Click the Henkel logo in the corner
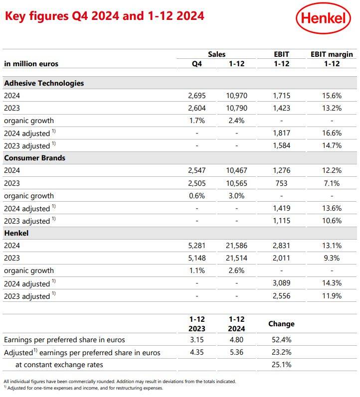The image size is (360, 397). point(323,18)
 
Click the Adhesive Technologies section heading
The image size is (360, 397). point(44,83)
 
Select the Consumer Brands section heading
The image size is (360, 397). point(35,158)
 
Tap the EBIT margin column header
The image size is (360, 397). point(332,54)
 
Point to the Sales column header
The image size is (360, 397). point(216,54)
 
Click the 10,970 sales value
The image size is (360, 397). point(236,96)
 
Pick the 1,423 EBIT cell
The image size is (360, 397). point(281,108)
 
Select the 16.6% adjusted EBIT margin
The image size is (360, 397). point(332,133)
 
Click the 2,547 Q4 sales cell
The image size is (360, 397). point(197,170)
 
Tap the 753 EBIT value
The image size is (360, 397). point(281,183)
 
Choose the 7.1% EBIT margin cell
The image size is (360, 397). point(332,183)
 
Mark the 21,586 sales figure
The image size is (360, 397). point(236,246)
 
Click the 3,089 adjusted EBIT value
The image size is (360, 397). point(281,283)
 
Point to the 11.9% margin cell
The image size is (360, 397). point(332,296)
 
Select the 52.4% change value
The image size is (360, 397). point(281,340)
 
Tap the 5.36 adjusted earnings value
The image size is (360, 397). point(236,352)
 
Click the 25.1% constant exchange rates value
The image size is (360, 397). point(281,365)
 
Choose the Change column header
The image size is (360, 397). point(281,324)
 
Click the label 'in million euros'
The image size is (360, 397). point(31,64)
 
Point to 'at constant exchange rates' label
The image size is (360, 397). point(59,365)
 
